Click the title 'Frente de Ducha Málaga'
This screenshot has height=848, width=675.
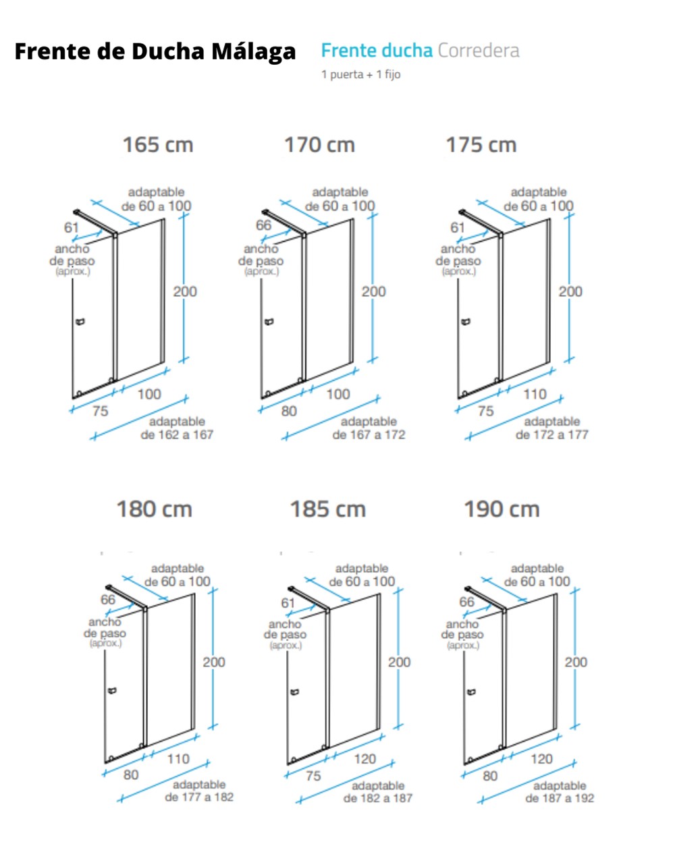click(155, 52)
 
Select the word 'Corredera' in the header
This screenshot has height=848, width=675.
click(479, 51)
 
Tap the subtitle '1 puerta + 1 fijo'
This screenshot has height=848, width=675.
click(361, 74)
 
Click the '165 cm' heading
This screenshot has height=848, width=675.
click(158, 145)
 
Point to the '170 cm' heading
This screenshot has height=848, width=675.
click(319, 145)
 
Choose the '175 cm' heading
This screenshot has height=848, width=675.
click(481, 145)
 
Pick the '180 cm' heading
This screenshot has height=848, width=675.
click(155, 509)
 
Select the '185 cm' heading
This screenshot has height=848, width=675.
click(328, 509)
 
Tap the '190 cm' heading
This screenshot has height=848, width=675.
click(502, 509)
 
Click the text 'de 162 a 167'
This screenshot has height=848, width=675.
click(177, 435)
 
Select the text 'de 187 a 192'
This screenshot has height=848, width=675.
click(560, 799)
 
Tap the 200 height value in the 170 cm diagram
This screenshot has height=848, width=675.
click(374, 291)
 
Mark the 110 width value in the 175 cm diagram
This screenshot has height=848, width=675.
click(535, 394)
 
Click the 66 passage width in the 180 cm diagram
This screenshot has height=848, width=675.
click(108, 600)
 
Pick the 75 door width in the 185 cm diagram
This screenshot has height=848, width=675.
click(313, 776)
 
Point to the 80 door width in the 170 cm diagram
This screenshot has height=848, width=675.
click(288, 411)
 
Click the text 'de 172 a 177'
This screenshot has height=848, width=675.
click(551, 435)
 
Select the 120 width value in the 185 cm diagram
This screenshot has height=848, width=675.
click(364, 759)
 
